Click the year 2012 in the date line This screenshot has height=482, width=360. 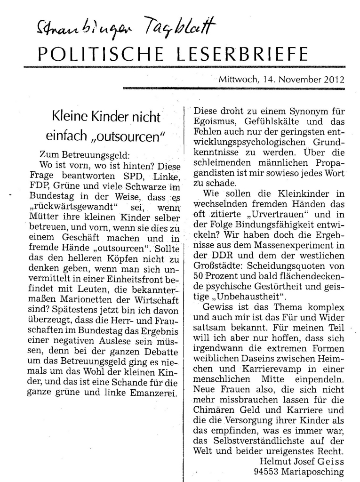tap(334, 80)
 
